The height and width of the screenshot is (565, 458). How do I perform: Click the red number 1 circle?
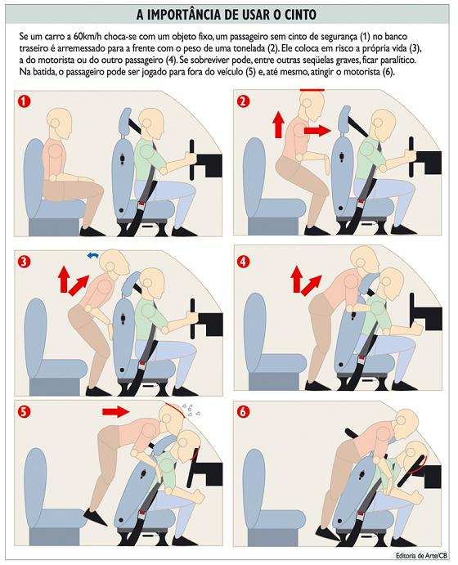[25, 101]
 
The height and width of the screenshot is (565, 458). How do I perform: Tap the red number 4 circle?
[244, 261]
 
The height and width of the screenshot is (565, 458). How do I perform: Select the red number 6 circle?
[244, 411]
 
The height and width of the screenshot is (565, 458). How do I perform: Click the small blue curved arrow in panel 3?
[93, 255]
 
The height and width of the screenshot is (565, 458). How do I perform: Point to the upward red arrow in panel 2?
[278, 124]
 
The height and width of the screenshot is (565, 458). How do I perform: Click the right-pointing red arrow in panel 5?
[115, 411]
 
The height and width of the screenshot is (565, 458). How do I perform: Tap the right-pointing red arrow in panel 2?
[317, 130]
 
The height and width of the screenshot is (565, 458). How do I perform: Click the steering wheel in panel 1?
[192, 159]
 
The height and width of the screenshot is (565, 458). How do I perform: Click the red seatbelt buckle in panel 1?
[142, 206]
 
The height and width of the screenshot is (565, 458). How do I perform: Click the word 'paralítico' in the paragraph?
[400, 60]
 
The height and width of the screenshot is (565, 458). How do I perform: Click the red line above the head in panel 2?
[312, 90]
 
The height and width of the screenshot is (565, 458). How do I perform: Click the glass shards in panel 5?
[191, 410]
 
